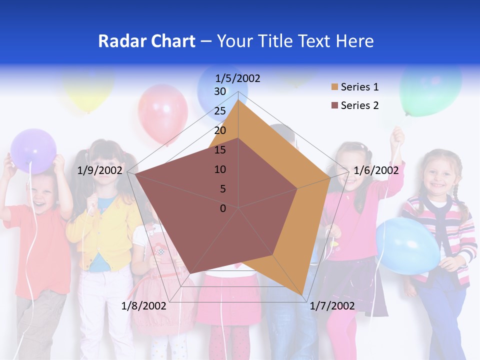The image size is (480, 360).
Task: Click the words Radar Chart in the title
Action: (146, 41)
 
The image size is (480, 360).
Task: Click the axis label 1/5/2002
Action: (237, 78)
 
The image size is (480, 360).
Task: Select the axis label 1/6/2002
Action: (376, 170)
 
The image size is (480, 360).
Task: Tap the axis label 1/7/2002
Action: (332, 306)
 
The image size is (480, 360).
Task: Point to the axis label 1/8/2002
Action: (144, 306)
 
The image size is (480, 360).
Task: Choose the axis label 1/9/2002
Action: (100, 170)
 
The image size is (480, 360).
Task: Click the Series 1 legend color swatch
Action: (333, 87)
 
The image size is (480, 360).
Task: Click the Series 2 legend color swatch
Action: (333, 105)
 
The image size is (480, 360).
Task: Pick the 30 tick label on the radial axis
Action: (220, 91)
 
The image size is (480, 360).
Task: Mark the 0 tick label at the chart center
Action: (223, 208)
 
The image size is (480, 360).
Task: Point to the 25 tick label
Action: (220, 111)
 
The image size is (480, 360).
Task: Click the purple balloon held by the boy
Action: (33, 150)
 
